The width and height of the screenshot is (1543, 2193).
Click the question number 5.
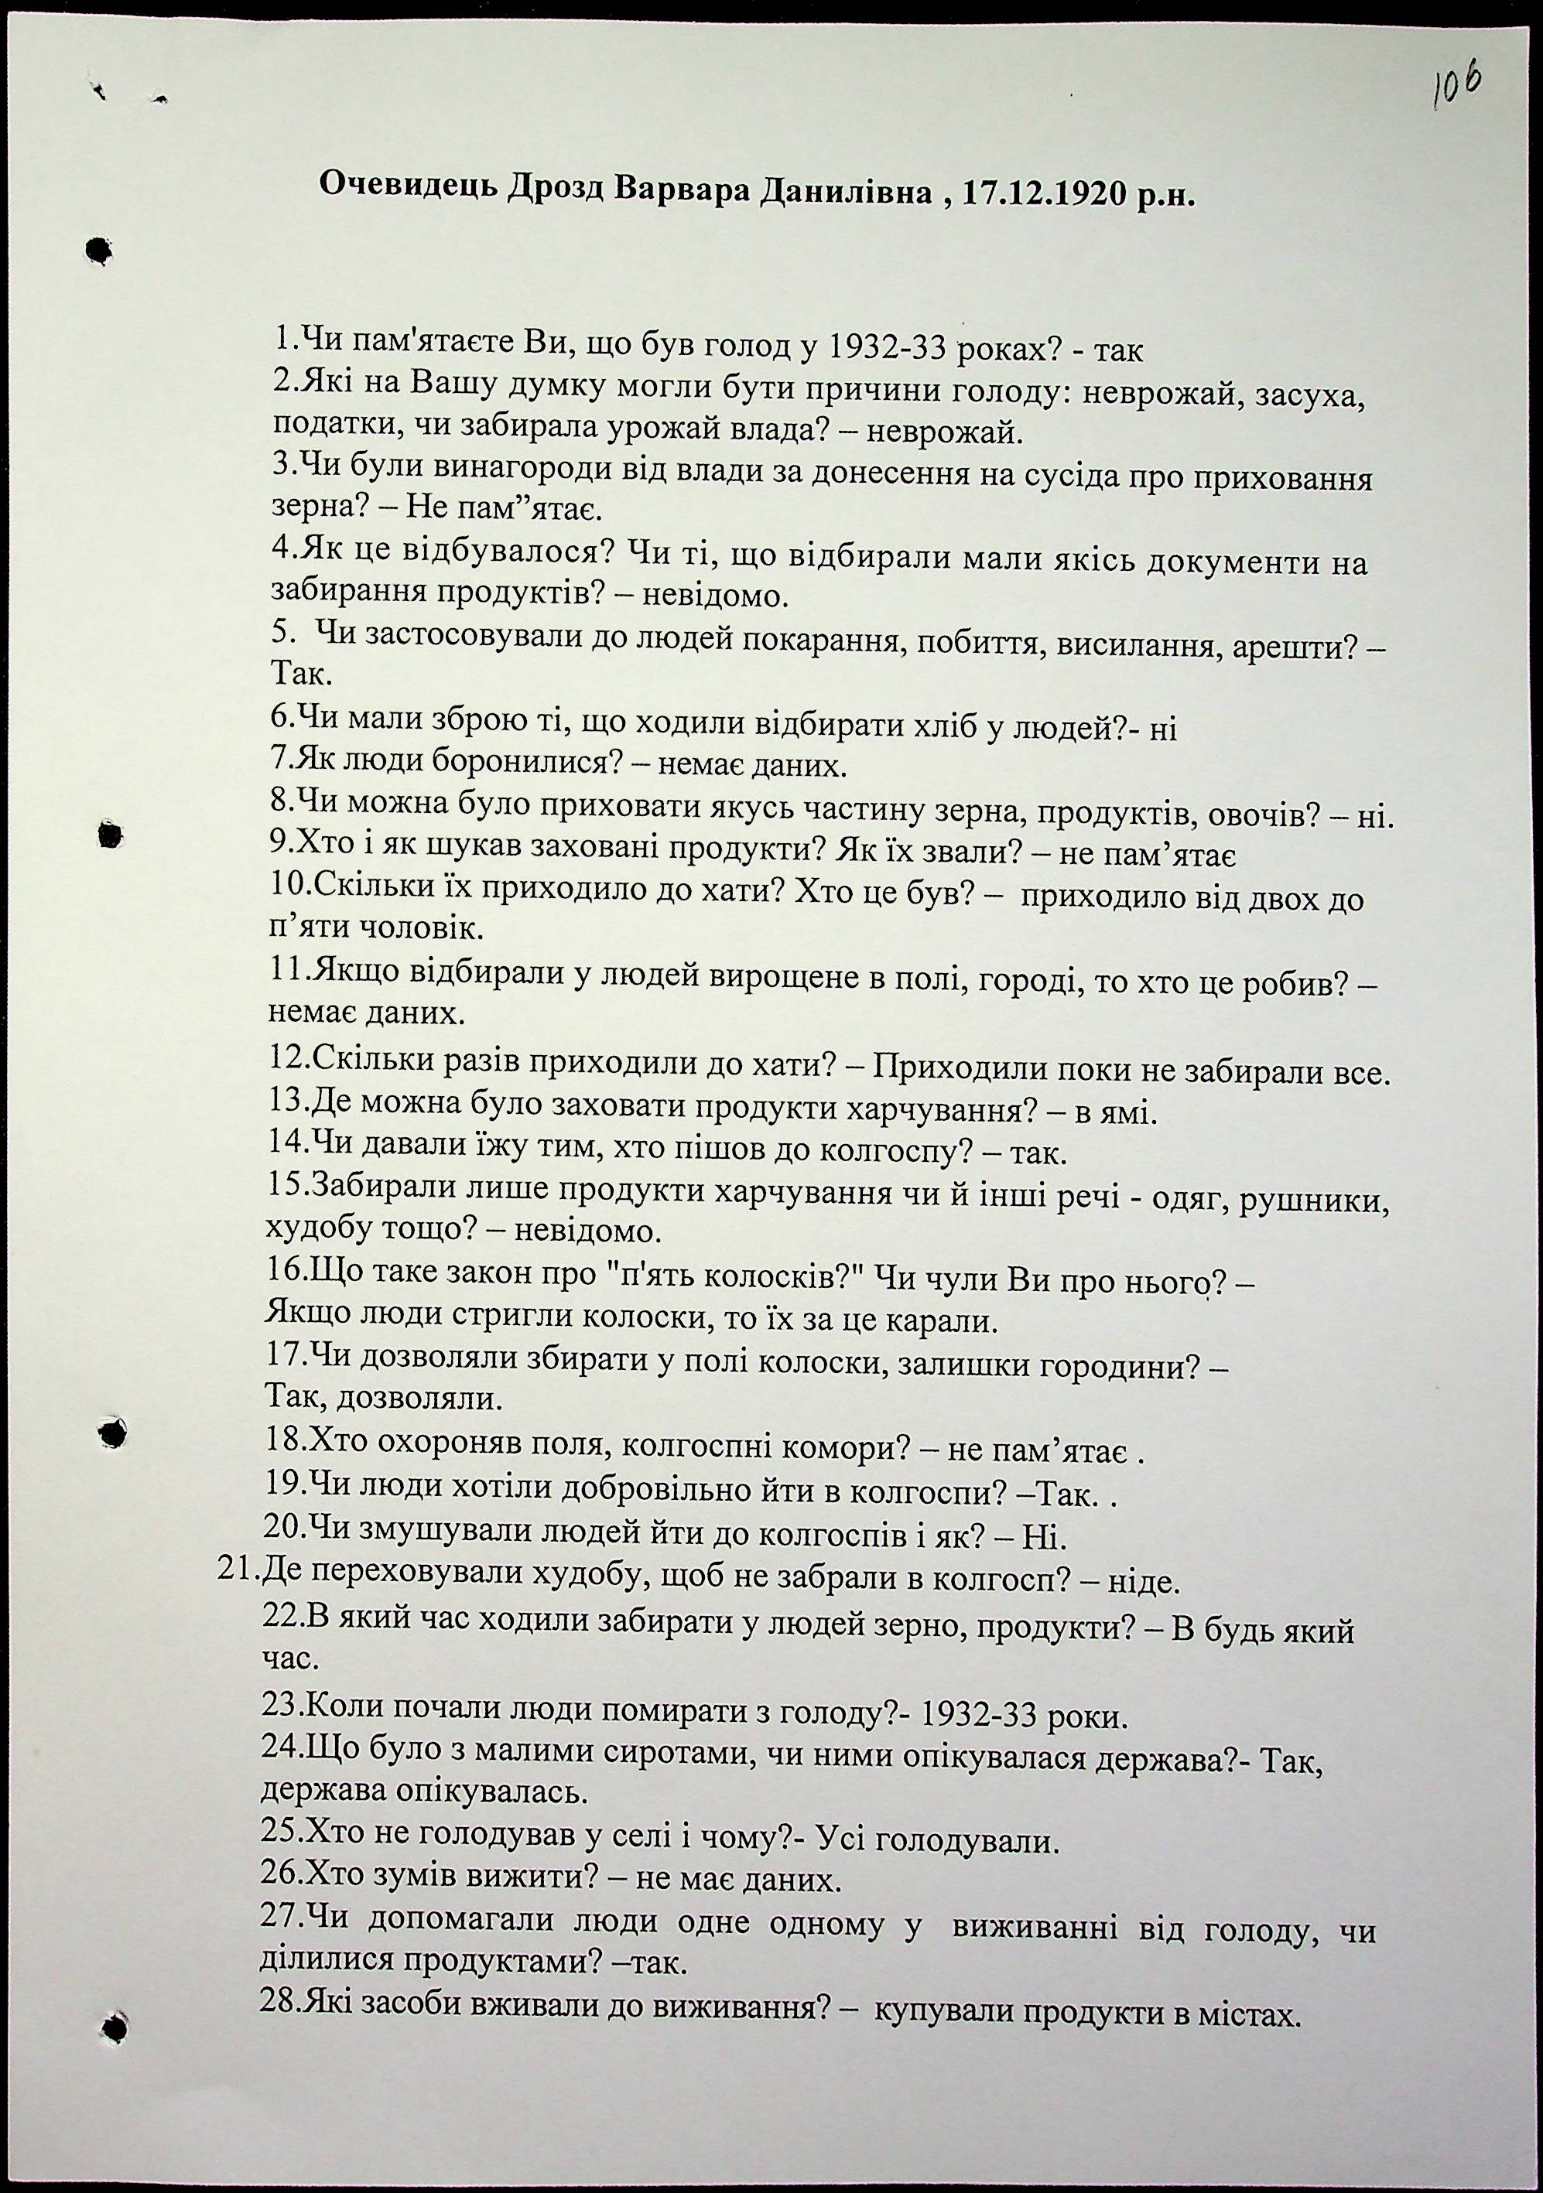click(279, 630)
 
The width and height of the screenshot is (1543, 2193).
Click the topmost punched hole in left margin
click(98, 251)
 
